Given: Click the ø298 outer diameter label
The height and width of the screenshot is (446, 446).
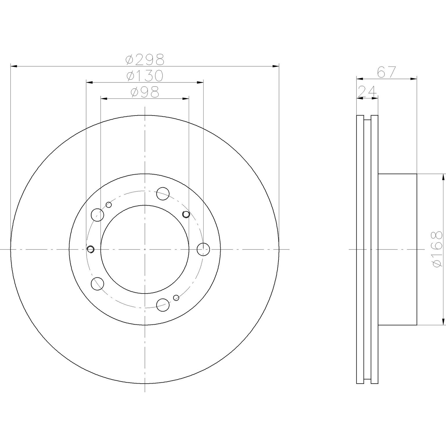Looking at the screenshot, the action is tap(145, 60).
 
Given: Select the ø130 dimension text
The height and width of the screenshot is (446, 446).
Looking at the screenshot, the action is tap(145, 76).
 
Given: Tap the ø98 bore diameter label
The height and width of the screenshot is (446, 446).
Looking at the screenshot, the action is tap(145, 93).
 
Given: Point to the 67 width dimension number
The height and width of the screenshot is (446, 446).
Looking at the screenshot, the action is tap(386, 72).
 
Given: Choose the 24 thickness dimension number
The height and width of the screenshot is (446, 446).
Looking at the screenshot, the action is tap(367, 91).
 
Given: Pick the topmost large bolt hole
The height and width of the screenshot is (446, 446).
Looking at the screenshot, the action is tap(163, 194).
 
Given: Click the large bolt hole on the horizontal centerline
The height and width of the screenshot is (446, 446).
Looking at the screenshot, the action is tap(203, 249).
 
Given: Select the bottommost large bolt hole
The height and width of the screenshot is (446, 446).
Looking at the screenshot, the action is tap(163, 305).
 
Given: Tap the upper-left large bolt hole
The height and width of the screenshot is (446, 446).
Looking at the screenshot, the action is tap(97, 215).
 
